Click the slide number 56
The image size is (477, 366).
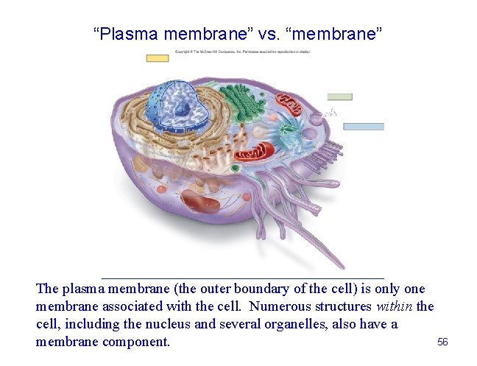442,342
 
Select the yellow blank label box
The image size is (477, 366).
157,58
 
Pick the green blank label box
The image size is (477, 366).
339,96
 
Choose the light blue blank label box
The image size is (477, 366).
364,127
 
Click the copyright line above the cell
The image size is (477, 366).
242,53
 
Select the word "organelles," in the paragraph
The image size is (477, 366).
319,325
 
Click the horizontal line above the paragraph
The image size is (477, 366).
242,278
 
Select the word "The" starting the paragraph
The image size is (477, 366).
47,289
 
